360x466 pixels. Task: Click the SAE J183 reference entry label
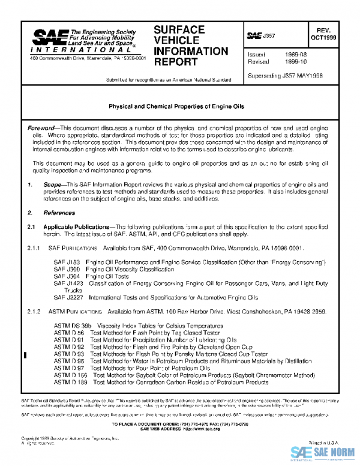[66, 263]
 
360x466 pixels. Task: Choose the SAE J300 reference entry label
[66, 270]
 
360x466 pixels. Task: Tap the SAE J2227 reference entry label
[68, 297]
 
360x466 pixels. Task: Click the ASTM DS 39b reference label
[71, 324]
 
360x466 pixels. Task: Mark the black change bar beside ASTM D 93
[24, 355]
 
